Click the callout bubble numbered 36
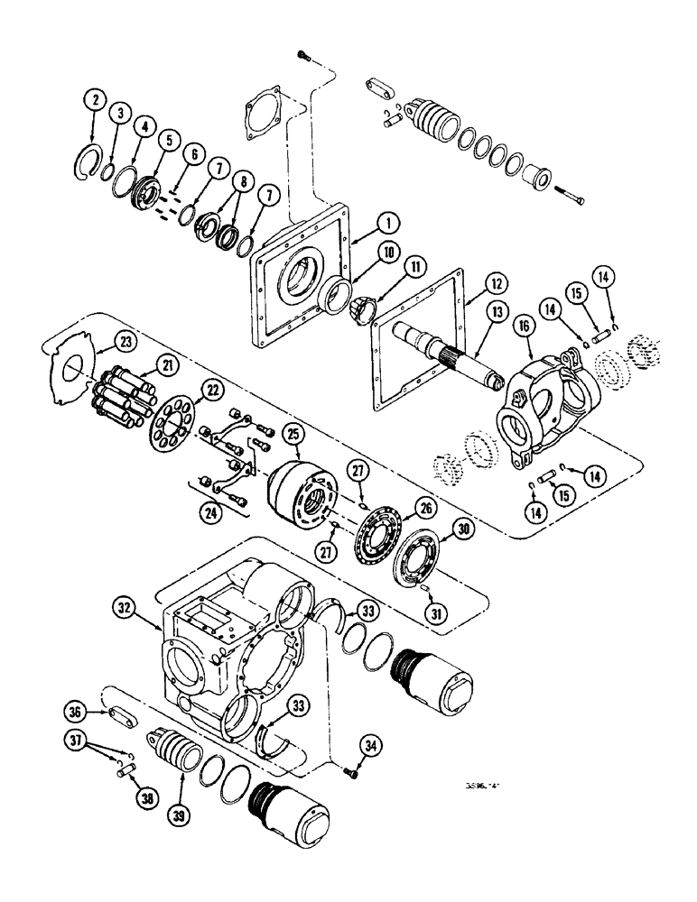click(79, 713)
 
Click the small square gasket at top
click(262, 116)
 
